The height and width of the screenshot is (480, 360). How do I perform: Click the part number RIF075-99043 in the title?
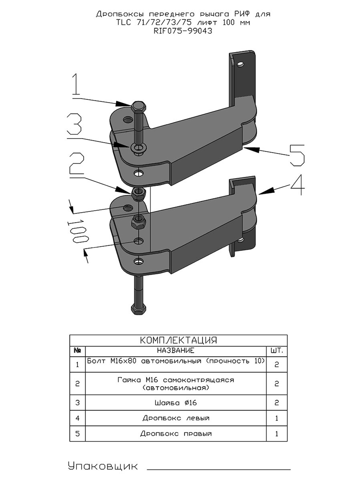coord(183,31)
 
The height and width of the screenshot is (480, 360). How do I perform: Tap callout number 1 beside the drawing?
coord(76,84)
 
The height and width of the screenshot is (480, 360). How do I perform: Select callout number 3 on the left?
coord(75,125)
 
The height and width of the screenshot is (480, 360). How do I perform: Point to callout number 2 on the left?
coord(77,163)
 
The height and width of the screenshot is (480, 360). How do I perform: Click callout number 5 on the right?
coord(297,155)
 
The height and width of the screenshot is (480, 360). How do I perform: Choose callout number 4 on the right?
coord(297,185)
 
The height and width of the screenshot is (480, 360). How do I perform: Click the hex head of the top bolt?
coord(139,107)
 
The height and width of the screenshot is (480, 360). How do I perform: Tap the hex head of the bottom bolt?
coord(138,309)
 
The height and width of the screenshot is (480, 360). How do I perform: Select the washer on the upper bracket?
coord(138,148)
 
